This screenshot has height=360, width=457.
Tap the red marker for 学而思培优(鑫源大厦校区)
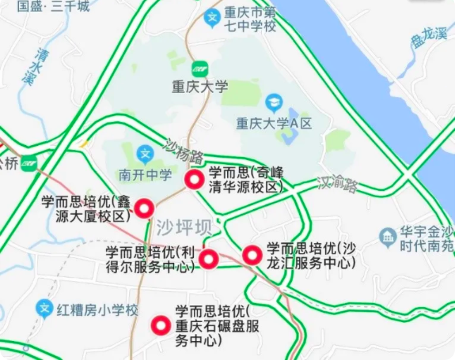click(145, 208)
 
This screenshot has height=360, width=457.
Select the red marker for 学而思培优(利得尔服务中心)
click(208, 259)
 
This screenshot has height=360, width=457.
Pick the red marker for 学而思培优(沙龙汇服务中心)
click(252, 255)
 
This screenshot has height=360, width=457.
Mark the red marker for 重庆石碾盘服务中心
click(161, 325)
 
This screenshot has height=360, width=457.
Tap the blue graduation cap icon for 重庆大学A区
click(274, 103)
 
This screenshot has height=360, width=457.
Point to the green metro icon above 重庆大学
click(200, 68)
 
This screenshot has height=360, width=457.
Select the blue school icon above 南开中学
click(145, 153)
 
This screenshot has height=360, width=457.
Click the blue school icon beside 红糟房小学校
click(44, 309)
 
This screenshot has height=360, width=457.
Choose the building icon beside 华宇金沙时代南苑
click(386, 237)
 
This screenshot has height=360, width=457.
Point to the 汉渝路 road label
click(338, 184)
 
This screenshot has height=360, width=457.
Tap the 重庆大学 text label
click(200, 87)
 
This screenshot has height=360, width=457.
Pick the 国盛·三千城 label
click(53, 6)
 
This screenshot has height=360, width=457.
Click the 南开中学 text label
click(145, 175)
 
